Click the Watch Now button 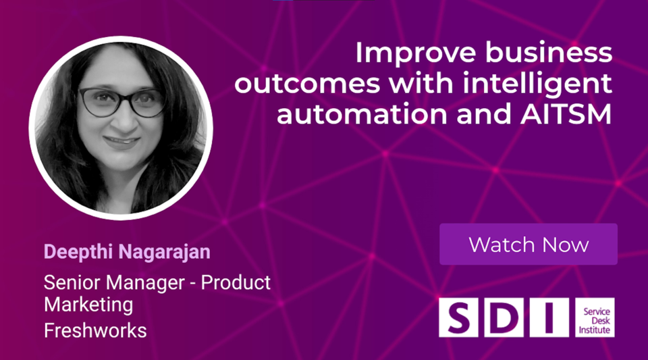point(529,245)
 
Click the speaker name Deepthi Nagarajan point(127,253)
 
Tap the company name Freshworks point(95,331)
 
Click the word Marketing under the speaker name point(88,305)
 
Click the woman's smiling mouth point(122,143)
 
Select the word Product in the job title point(236,282)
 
